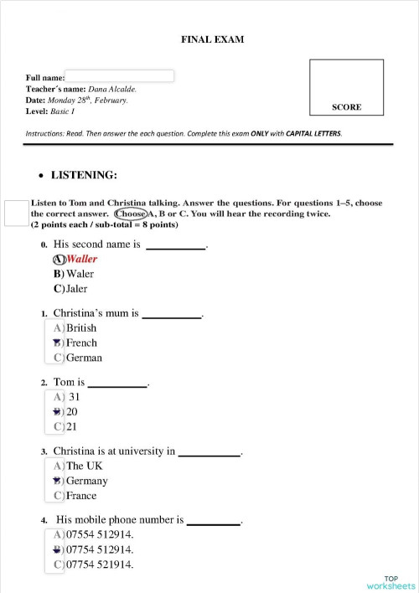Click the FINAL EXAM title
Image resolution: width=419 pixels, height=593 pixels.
point(213,39)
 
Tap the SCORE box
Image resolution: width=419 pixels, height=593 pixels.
point(347,86)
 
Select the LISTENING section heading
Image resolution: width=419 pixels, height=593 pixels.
point(84,175)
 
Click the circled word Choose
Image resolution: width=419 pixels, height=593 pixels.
point(131,214)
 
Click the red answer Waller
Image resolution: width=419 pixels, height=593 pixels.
point(81,259)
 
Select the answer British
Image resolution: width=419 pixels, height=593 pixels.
point(81,328)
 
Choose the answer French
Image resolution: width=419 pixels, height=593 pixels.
point(81,343)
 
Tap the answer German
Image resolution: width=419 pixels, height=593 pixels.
point(84,358)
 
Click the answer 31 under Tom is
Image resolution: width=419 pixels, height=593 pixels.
point(74,397)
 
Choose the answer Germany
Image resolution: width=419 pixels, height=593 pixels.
point(86,481)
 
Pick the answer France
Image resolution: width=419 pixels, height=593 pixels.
point(81,496)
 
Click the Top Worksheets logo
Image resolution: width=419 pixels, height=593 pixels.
point(391,581)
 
